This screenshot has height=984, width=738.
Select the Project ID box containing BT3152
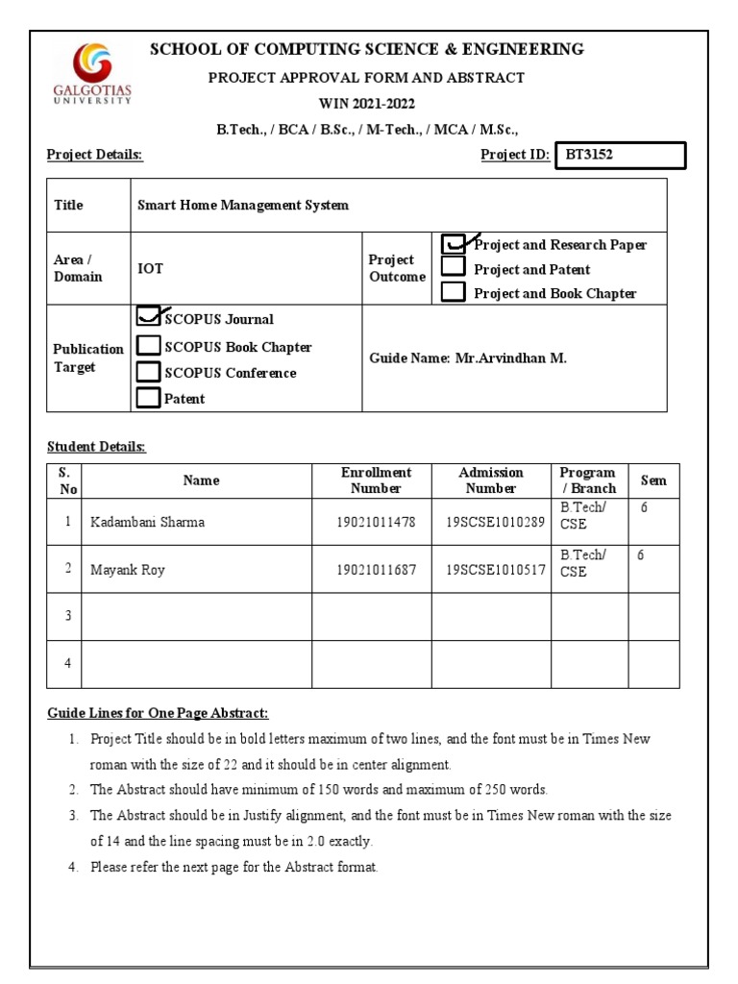click(x=621, y=156)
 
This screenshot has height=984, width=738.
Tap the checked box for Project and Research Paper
click(x=454, y=244)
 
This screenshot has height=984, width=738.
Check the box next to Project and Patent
click(x=454, y=268)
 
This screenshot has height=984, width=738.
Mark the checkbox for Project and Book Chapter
click(x=454, y=292)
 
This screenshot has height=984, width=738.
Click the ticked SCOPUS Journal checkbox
click(x=149, y=317)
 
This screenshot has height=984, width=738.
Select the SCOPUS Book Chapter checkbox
click(x=149, y=345)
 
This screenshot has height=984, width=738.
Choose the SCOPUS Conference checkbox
click(x=149, y=371)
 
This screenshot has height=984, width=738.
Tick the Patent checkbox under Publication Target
click(x=149, y=397)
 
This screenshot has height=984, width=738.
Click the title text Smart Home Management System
click(x=243, y=205)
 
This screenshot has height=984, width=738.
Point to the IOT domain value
click(x=150, y=269)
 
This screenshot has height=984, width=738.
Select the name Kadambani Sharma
click(x=147, y=523)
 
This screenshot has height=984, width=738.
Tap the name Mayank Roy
click(x=128, y=570)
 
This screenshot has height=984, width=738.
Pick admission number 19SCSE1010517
click(x=495, y=570)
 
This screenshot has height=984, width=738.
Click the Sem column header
click(x=653, y=480)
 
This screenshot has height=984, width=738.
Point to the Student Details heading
click(x=96, y=447)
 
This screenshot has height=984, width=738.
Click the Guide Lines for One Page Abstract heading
click(x=158, y=713)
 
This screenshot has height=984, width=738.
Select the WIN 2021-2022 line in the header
click(x=368, y=103)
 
